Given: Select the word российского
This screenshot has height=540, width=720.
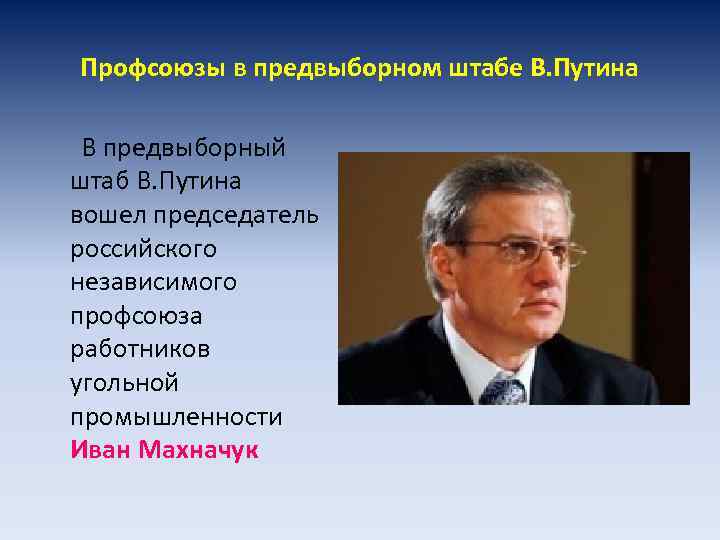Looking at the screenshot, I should coord(143,249).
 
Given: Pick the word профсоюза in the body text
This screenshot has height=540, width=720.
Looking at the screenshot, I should coord(136,316).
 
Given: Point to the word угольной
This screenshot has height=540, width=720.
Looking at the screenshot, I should coord(124,383).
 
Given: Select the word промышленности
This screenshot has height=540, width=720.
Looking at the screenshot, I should coord(176,417).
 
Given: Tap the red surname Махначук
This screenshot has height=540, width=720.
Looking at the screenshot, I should coord(198,450).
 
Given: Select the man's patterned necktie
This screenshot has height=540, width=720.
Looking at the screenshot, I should coord(504,389).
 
